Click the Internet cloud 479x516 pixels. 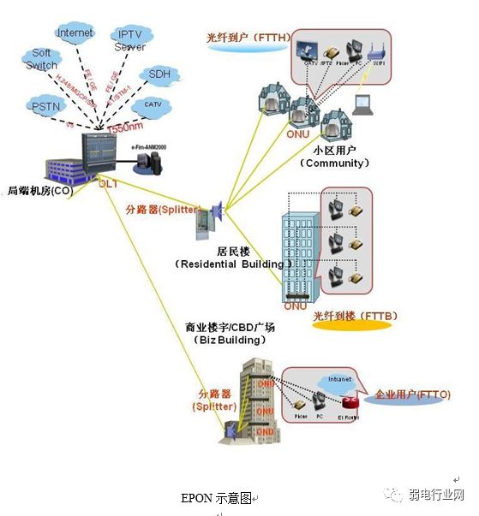pyautogui.click(x=75, y=34)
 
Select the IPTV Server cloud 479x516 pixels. pyautogui.click(x=129, y=39)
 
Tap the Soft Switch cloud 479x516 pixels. pyautogui.click(x=41, y=60)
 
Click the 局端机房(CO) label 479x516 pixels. pyautogui.click(x=39, y=190)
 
